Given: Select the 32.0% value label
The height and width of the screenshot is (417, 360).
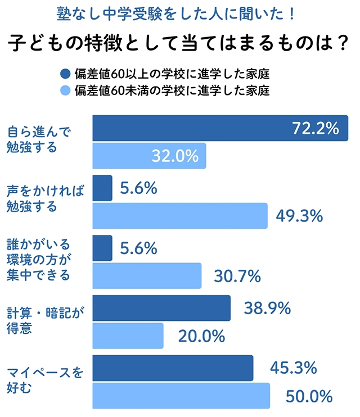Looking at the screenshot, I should (175, 156).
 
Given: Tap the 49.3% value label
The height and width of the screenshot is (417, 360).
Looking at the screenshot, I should (299, 216).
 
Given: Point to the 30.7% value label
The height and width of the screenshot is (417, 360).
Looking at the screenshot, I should (238, 276).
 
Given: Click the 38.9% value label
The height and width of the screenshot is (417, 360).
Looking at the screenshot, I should (267, 307).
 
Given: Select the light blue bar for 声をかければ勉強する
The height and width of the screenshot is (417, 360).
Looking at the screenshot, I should (180, 216).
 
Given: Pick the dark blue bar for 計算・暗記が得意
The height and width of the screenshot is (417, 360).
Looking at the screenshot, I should (161, 308).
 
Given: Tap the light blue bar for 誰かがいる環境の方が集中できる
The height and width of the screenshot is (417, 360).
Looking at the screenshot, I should (146, 276).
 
